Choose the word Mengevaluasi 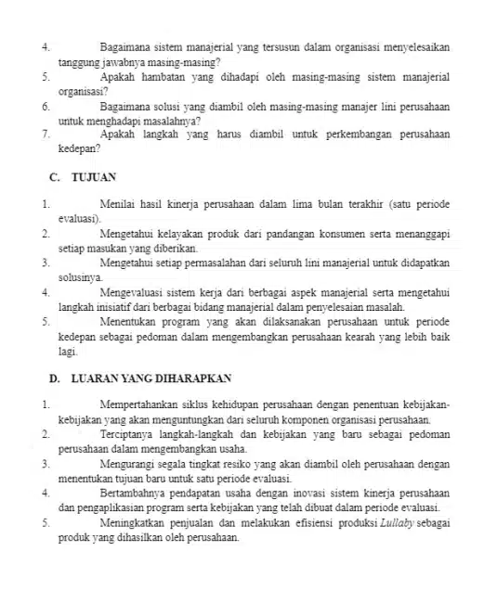coord(133,293)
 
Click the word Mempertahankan coord(144,405)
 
